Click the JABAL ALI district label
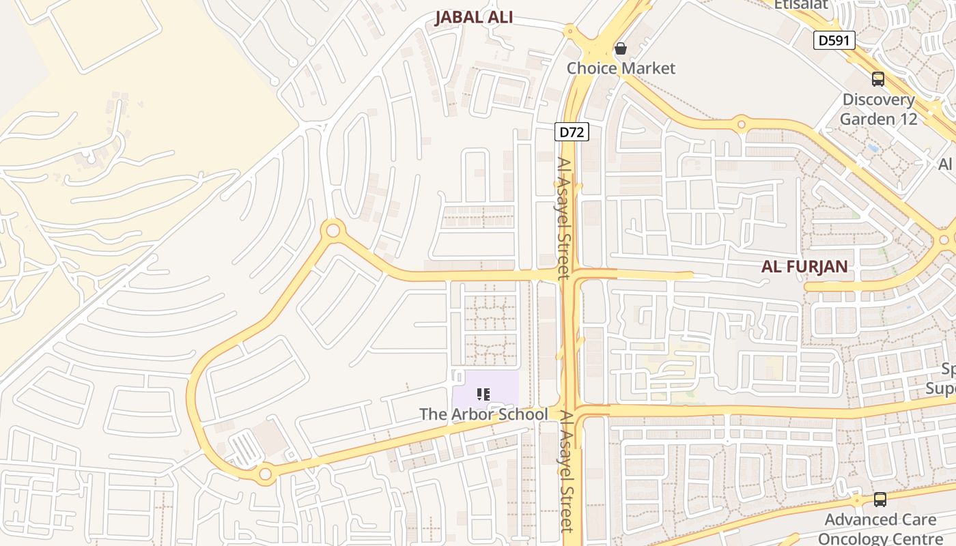click(474, 18)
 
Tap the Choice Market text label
click(621, 68)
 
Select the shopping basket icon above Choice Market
click(621, 48)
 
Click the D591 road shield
click(834, 40)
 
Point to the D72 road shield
click(571, 132)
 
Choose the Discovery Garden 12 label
click(877, 109)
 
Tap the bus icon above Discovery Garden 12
click(878, 79)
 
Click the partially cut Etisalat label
click(800, 5)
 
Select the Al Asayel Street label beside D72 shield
click(564, 218)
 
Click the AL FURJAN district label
click(804, 267)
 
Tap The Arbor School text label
click(483, 414)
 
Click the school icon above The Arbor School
click(483, 394)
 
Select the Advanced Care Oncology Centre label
click(880, 529)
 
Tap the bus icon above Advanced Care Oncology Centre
click(880, 500)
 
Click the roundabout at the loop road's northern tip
click(333, 231)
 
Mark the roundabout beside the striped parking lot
click(265, 473)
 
